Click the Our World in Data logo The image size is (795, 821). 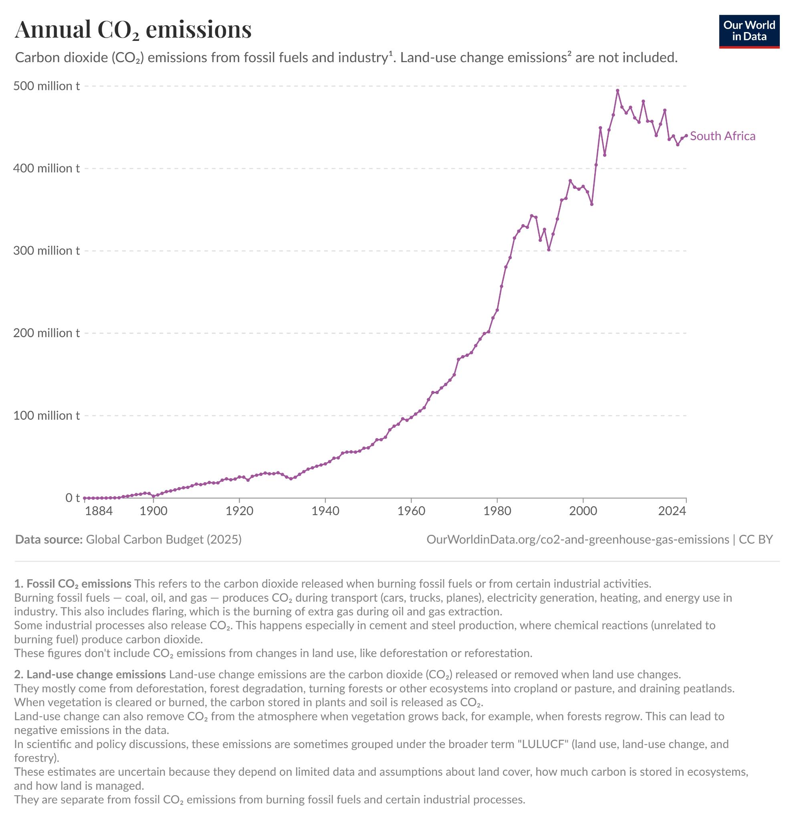click(x=749, y=31)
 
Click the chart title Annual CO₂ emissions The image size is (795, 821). click(x=133, y=30)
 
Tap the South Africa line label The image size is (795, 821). click(x=722, y=136)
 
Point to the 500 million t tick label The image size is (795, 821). click(x=46, y=86)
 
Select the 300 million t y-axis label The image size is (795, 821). click(x=46, y=251)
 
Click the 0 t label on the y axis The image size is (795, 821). click(x=73, y=498)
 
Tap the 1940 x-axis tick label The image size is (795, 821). click(x=325, y=511)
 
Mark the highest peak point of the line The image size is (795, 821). click(x=617, y=91)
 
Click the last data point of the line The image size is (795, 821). click(x=686, y=136)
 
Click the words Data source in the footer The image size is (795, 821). click(x=48, y=540)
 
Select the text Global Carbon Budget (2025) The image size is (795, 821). click(x=164, y=540)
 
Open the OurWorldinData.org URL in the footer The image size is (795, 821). click(x=577, y=540)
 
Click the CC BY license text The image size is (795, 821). click(x=756, y=540)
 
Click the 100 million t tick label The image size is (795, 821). click(x=46, y=416)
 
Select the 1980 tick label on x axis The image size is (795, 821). click(x=497, y=511)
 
